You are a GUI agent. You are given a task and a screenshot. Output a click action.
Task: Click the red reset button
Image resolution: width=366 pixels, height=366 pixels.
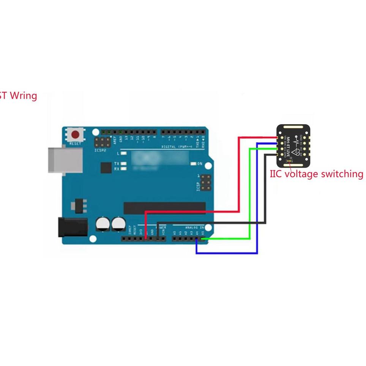point(76,135)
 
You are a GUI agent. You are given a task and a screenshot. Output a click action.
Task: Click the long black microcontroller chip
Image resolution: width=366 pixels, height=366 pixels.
point(164,208)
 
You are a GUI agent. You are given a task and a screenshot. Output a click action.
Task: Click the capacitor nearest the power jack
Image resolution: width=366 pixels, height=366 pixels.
point(103,224)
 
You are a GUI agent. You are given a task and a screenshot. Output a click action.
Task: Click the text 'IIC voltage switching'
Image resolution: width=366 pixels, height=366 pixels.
point(316,174)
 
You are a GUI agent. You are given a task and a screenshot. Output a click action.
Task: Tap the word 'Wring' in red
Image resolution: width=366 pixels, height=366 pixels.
point(24,96)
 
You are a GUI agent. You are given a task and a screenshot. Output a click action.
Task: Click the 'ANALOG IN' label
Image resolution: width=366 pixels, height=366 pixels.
point(194,227)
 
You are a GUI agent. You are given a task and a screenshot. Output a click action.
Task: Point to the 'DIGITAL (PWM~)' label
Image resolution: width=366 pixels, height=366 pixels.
point(178,147)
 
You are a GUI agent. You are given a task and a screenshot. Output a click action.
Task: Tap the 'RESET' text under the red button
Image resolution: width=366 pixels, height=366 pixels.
point(76,144)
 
